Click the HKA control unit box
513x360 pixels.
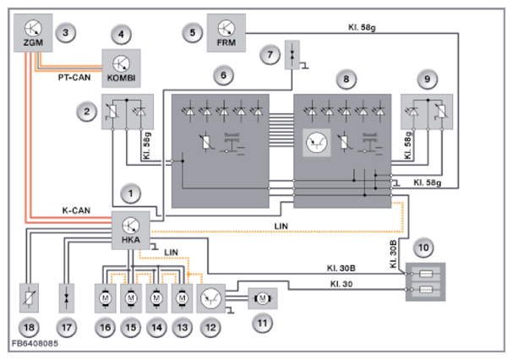(131, 230)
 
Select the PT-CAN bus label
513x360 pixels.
(75, 77)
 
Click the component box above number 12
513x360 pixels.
(215, 297)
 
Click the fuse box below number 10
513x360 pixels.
(428, 281)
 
